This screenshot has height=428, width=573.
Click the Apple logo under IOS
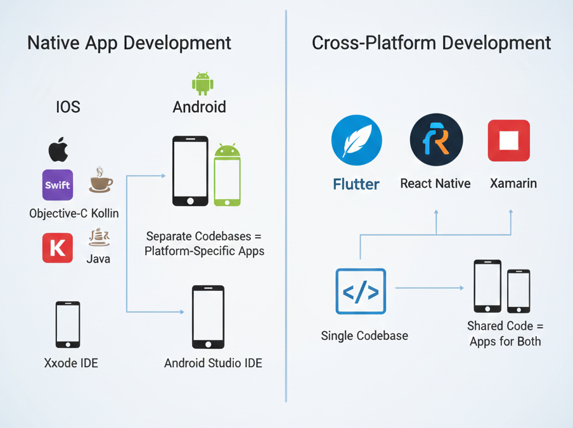(x=58, y=150)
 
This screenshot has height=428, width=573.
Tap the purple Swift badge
(x=58, y=185)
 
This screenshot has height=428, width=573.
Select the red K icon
(x=58, y=247)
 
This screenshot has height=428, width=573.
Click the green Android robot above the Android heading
(x=203, y=84)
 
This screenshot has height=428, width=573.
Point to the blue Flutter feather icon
(x=356, y=140)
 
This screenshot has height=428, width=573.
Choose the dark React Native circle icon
(x=436, y=140)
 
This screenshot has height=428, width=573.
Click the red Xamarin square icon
(x=509, y=140)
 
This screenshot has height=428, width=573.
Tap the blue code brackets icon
(x=361, y=291)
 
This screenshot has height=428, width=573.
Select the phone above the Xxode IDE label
(x=68, y=324)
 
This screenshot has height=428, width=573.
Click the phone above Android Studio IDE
(x=208, y=317)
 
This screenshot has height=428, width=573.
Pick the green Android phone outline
(x=227, y=176)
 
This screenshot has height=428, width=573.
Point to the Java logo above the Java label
(x=100, y=238)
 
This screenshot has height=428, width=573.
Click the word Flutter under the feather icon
(x=356, y=185)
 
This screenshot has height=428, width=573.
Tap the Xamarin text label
(x=513, y=184)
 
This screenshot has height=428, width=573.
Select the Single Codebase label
(x=364, y=336)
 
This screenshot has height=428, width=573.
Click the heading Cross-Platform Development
(x=431, y=43)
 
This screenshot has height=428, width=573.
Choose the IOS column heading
(x=68, y=107)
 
